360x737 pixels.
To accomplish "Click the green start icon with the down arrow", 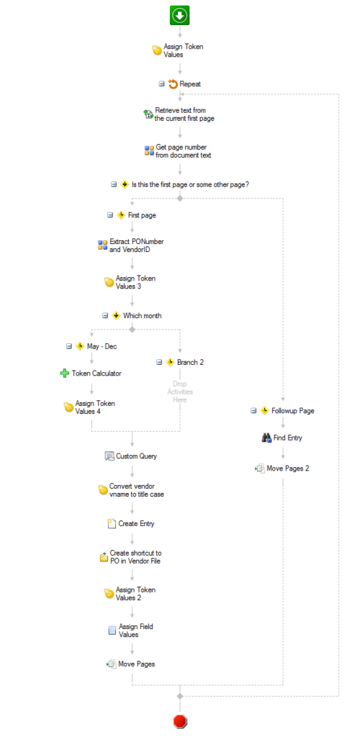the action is click(x=179, y=16).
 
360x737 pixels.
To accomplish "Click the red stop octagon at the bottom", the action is click(x=179, y=720).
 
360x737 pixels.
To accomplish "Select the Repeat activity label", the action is click(x=190, y=83).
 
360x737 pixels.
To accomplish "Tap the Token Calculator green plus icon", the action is click(x=65, y=374).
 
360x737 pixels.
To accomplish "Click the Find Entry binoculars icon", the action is click(x=266, y=438).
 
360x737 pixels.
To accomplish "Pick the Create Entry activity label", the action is click(x=136, y=524).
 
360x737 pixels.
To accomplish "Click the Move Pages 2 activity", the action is click(x=282, y=468).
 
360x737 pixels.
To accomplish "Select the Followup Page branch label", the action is click(x=293, y=410).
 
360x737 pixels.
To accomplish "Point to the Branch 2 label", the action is click(x=190, y=362).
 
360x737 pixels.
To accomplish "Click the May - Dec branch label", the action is click(x=102, y=346).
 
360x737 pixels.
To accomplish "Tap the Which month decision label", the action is click(x=143, y=315).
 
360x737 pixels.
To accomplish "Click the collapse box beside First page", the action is click(x=110, y=215).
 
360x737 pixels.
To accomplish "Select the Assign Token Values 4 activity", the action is click(x=90, y=407).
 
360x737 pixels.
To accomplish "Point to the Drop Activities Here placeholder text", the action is click(x=179, y=392).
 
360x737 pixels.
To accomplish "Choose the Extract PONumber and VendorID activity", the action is click(x=130, y=245).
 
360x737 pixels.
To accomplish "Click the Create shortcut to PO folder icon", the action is click(x=104, y=558).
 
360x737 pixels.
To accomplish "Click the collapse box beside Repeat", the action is click(x=162, y=83).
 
